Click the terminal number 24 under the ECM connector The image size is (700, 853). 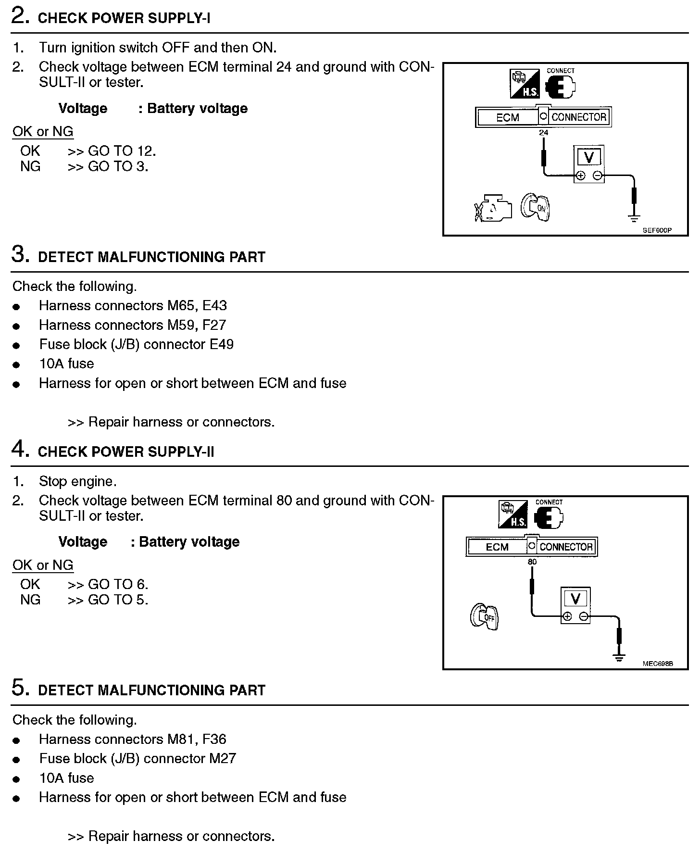543,133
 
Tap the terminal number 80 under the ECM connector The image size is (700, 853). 532,562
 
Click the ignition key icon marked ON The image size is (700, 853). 535,208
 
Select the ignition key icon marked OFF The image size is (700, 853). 484,616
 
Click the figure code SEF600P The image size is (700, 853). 657,230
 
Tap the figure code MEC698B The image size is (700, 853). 657,664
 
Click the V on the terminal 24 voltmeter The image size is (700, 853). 588,157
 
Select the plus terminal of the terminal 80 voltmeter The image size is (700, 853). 567,616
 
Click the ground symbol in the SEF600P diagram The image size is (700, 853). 634,219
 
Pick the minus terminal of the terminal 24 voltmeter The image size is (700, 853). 597,176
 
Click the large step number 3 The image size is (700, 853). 19,255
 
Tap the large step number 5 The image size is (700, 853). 19,688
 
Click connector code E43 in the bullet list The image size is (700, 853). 214,306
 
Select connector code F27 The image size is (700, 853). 214,325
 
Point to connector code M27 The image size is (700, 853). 223,759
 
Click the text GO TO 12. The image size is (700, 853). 122,151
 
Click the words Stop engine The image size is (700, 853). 78,481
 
